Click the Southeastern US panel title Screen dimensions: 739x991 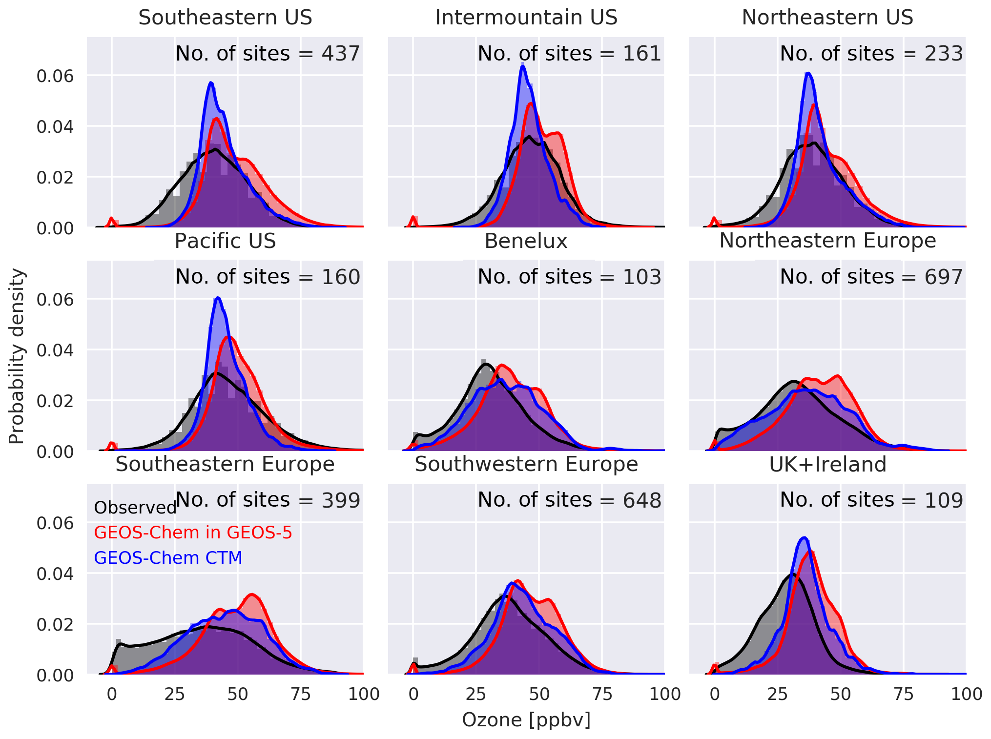pyautogui.click(x=225, y=18)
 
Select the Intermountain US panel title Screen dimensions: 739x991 pyautogui.click(x=526, y=18)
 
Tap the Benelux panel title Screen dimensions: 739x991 pyautogui.click(x=526, y=242)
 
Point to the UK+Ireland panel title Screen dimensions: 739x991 pyautogui.click(x=827, y=465)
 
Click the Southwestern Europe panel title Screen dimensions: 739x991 pyautogui.click(x=526, y=465)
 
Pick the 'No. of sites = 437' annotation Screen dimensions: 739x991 pyautogui.click(x=268, y=54)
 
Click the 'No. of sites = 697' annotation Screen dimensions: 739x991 pyautogui.click(x=871, y=277)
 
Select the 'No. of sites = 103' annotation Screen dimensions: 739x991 pyautogui.click(x=569, y=277)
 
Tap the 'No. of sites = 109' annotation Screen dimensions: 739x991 pyautogui.click(x=871, y=500)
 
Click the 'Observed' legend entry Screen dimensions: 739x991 pyautogui.click(x=135, y=508)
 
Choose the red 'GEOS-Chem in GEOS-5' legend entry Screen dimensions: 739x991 pyautogui.click(x=193, y=533)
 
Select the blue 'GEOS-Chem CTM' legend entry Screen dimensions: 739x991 pyautogui.click(x=168, y=558)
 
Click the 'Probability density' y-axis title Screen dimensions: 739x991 pyautogui.click(x=17, y=356)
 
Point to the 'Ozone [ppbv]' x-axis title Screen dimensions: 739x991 pyautogui.click(x=526, y=720)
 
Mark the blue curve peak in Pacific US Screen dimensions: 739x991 pyautogui.click(x=218, y=298)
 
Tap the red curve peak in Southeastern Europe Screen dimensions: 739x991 pyautogui.click(x=251, y=595)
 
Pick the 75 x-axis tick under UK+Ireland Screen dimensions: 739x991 pyautogui.click(x=903, y=694)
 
